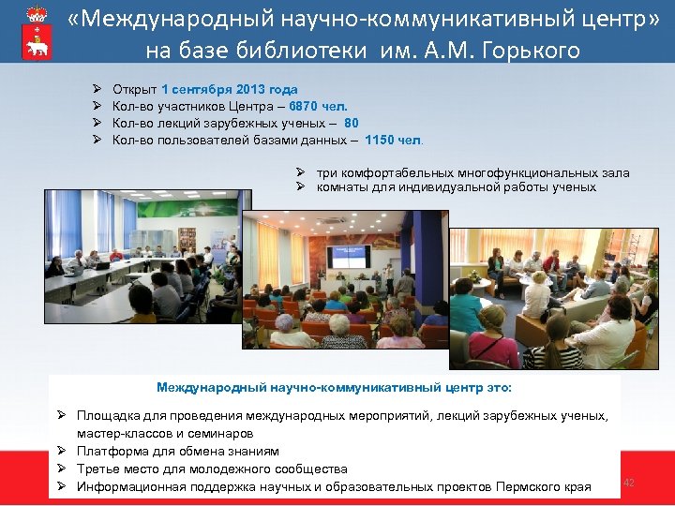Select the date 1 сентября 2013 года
point(230,90)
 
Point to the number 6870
point(305,107)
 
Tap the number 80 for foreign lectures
point(351,124)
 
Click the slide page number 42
point(629,482)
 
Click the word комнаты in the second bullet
point(341,186)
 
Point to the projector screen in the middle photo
point(348,254)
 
